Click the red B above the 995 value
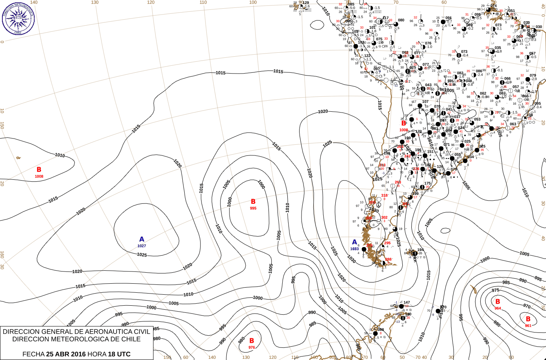coord(253,202)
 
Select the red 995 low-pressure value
coord(253,208)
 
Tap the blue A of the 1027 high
coord(142,239)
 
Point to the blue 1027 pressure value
coord(142,246)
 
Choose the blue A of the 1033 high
coord(354,242)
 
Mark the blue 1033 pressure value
coord(354,249)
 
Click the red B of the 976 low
coord(252,341)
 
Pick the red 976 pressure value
coord(252,347)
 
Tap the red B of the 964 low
coord(498,302)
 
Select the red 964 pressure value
coord(498,308)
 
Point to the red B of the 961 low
coord(528,319)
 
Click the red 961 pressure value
coord(528,326)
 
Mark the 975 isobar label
coord(495,290)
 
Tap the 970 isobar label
coord(527,306)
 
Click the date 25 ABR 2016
coord(66,354)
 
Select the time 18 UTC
coord(119,354)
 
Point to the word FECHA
coord(33,354)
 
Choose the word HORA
coord(97,354)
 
